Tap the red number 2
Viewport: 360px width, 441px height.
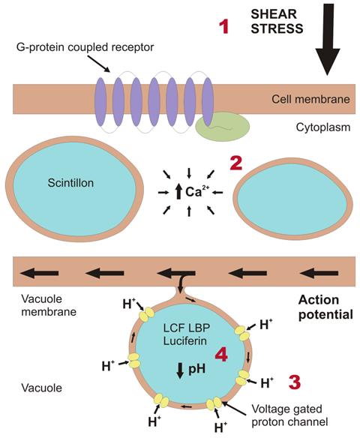pos(236,163)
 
